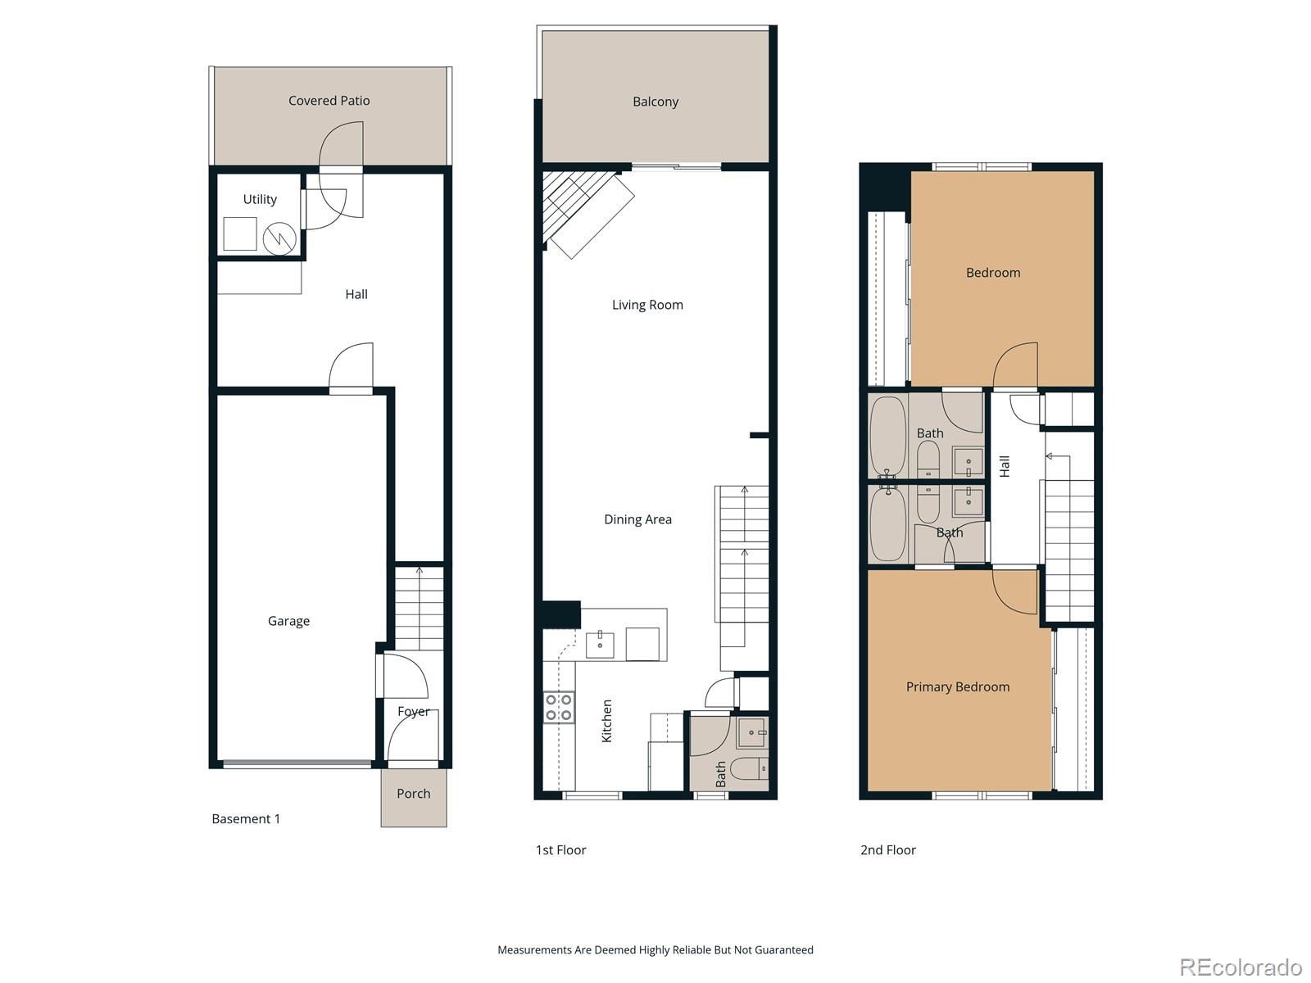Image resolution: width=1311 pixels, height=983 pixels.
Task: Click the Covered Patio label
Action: (x=329, y=101)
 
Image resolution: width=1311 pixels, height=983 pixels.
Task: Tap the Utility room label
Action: (x=260, y=199)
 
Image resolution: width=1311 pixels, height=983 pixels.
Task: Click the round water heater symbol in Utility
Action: (x=279, y=238)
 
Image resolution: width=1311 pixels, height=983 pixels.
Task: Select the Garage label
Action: (x=288, y=621)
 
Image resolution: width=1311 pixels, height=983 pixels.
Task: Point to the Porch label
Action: (x=413, y=793)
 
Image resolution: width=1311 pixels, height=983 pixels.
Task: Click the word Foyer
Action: (x=413, y=711)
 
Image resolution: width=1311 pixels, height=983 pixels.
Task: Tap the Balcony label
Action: (x=655, y=102)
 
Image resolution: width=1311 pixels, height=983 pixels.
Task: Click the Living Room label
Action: (x=646, y=305)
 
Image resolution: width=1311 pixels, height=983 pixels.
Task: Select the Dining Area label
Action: (x=637, y=519)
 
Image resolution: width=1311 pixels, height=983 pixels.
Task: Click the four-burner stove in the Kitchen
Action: (x=559, y=708)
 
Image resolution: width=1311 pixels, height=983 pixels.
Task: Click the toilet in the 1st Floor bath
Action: (x=748, y=769)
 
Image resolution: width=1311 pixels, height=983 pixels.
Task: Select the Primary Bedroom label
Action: (x=957, y=686)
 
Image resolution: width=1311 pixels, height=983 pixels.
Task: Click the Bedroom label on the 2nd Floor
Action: (x=992, y=273)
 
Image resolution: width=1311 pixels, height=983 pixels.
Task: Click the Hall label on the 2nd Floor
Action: (x=1005, y=466)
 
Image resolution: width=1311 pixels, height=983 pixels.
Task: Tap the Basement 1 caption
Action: (x=246, y=818)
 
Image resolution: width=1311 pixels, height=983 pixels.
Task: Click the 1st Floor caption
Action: (x=560, y=849)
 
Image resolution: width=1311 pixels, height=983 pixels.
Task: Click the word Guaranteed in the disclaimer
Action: (x=781, y=950)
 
